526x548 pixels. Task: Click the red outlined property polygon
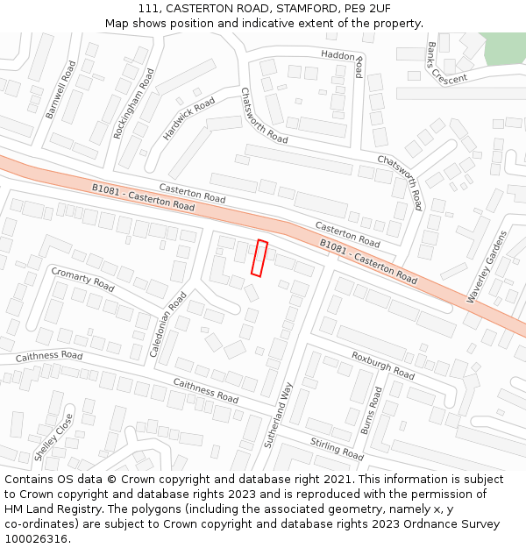click(x=259, y=258)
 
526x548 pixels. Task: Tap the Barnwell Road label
click(x=62, y=89)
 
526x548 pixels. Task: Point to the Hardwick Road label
click(x=188, y=118)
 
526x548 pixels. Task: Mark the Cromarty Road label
click(x=82, y=280)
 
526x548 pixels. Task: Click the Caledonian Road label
click(x=167, y=325)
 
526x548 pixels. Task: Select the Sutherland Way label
click(x=278, y=414)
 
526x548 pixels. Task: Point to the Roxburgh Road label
click(x=382, y=365)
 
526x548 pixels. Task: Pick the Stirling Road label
click(x=337, y=448)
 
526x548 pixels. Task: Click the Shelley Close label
click(x=53, y=438)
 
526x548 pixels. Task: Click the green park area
click(x=503, y=48)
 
